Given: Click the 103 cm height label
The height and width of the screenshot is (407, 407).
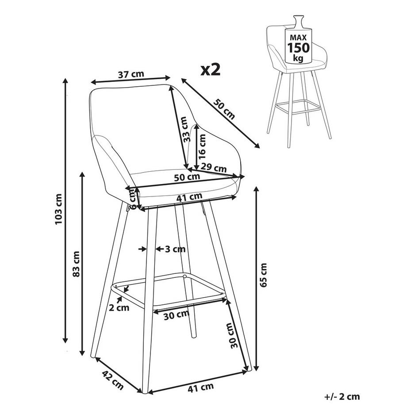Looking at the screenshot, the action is pyautogui.click(x=59, y=209).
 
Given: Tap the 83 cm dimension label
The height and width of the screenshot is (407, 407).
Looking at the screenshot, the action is pyautogui.click(x=76, y=264).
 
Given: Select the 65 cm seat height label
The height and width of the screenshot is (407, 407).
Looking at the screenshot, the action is pyautogui.click(x=263, y=275).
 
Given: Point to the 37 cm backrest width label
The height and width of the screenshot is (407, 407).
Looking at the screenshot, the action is pyautogui.click(x=131, y=74).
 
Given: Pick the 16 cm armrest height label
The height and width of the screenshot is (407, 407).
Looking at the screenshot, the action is pyautogui.click(x=202, y=147).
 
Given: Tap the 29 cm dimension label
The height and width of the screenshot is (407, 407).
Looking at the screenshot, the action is pyautogui.click(x=214, y=168).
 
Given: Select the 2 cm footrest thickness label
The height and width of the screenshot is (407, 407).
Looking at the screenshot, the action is pyautogui.click(x=119, y=308).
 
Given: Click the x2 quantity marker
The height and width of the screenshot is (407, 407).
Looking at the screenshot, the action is pyautogui.click(x=211, y=70).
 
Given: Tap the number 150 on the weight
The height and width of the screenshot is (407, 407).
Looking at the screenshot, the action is pyautogui.click(x=298, y=48).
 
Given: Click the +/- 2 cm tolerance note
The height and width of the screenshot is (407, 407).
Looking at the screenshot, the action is pyautogui.click(x=342, y=397).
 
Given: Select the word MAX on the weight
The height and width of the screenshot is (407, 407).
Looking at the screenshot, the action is pyautogui.click(x=298, y=38).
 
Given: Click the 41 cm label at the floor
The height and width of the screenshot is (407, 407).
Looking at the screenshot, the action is pyautogui.click(x=201, y=388).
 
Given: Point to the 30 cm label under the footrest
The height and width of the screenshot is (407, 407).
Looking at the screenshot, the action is pyautogui.click(x=177, y=315).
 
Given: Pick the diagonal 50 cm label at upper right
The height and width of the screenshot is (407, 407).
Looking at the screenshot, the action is pyautogui.click(x=224, y=109).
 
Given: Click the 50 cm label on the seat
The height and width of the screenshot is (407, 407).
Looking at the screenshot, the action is pyautogui.click(x=187, y=177).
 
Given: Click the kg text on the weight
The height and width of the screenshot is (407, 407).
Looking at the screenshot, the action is pyautogui.click(x=298, y=58).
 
